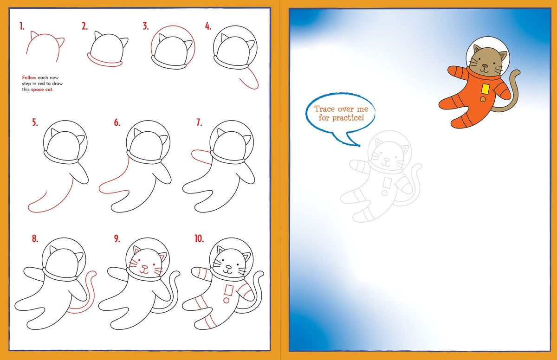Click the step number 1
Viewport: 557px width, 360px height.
tap(21, 26)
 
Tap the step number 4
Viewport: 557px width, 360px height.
tap(208, 26)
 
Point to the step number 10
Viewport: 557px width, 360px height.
tap(199, 239)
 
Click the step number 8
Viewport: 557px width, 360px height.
tap(35, 239)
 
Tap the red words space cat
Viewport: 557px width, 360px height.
tap(42, 90)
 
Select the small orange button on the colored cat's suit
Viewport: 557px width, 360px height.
tap(483, 98)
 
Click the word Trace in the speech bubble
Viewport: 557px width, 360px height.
tap(324, 109)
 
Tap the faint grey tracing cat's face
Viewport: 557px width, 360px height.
tap(388, 158)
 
